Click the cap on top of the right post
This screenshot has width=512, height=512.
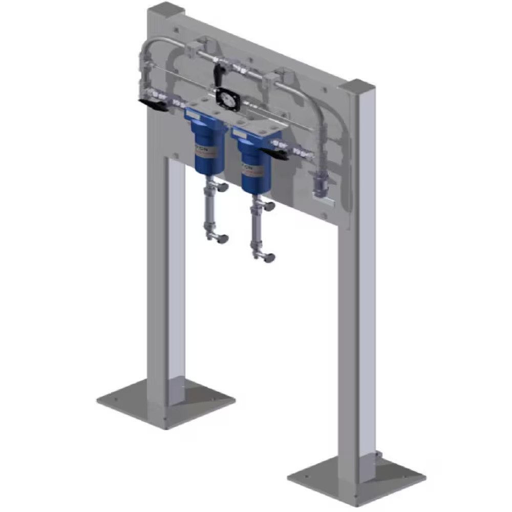356,86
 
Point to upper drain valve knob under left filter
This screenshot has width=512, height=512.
222,188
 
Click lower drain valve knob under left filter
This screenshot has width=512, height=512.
222,239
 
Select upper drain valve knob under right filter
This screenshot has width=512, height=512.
268,206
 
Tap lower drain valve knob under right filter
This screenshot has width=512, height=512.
269,258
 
